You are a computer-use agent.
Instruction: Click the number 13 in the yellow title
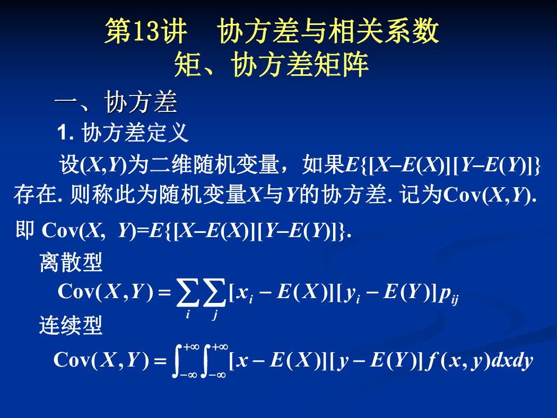[x=146, y=31]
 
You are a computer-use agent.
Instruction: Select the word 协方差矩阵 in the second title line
[x=300, y=64]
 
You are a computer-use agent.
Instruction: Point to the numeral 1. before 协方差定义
[x=65, y=133]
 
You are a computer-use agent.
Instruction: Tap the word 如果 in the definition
[x=324, y=165]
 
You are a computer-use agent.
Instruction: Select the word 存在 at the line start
[x=35, y=194]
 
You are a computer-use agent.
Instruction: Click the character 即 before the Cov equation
[x=25, y=230]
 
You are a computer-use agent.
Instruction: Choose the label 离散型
[x=71, y=263]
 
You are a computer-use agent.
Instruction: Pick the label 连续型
[x=71, y=325]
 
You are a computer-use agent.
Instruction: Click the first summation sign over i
[x=188, y=293]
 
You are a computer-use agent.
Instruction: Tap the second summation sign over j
[x=214, y=293]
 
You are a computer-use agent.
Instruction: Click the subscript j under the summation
[x=214, y=314]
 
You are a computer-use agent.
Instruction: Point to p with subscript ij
[x=449, y=295]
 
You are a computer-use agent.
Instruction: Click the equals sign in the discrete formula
[x=164, y=292]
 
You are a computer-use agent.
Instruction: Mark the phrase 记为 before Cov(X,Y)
[x=421, y=194]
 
